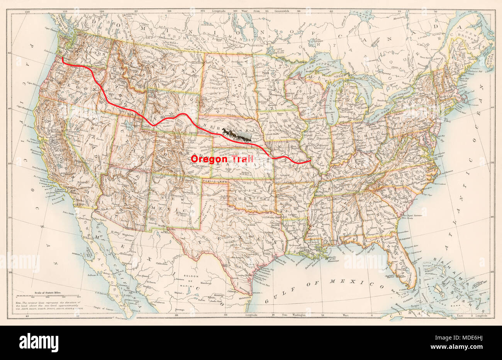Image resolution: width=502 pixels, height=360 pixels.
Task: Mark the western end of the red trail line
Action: pyautogui.click(x=63, y=58)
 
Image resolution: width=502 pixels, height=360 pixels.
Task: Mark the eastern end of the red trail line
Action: pyautogui.click(x=311, y=161)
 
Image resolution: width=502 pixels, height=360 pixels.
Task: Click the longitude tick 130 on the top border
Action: pyautogui.click(x=27, y=12)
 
